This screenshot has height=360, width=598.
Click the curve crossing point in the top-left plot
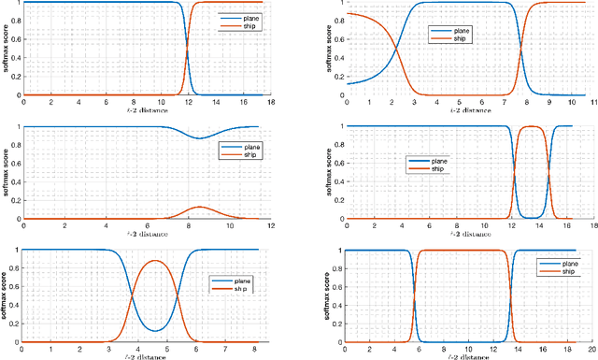188,49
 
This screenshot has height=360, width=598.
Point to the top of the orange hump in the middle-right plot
531,127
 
